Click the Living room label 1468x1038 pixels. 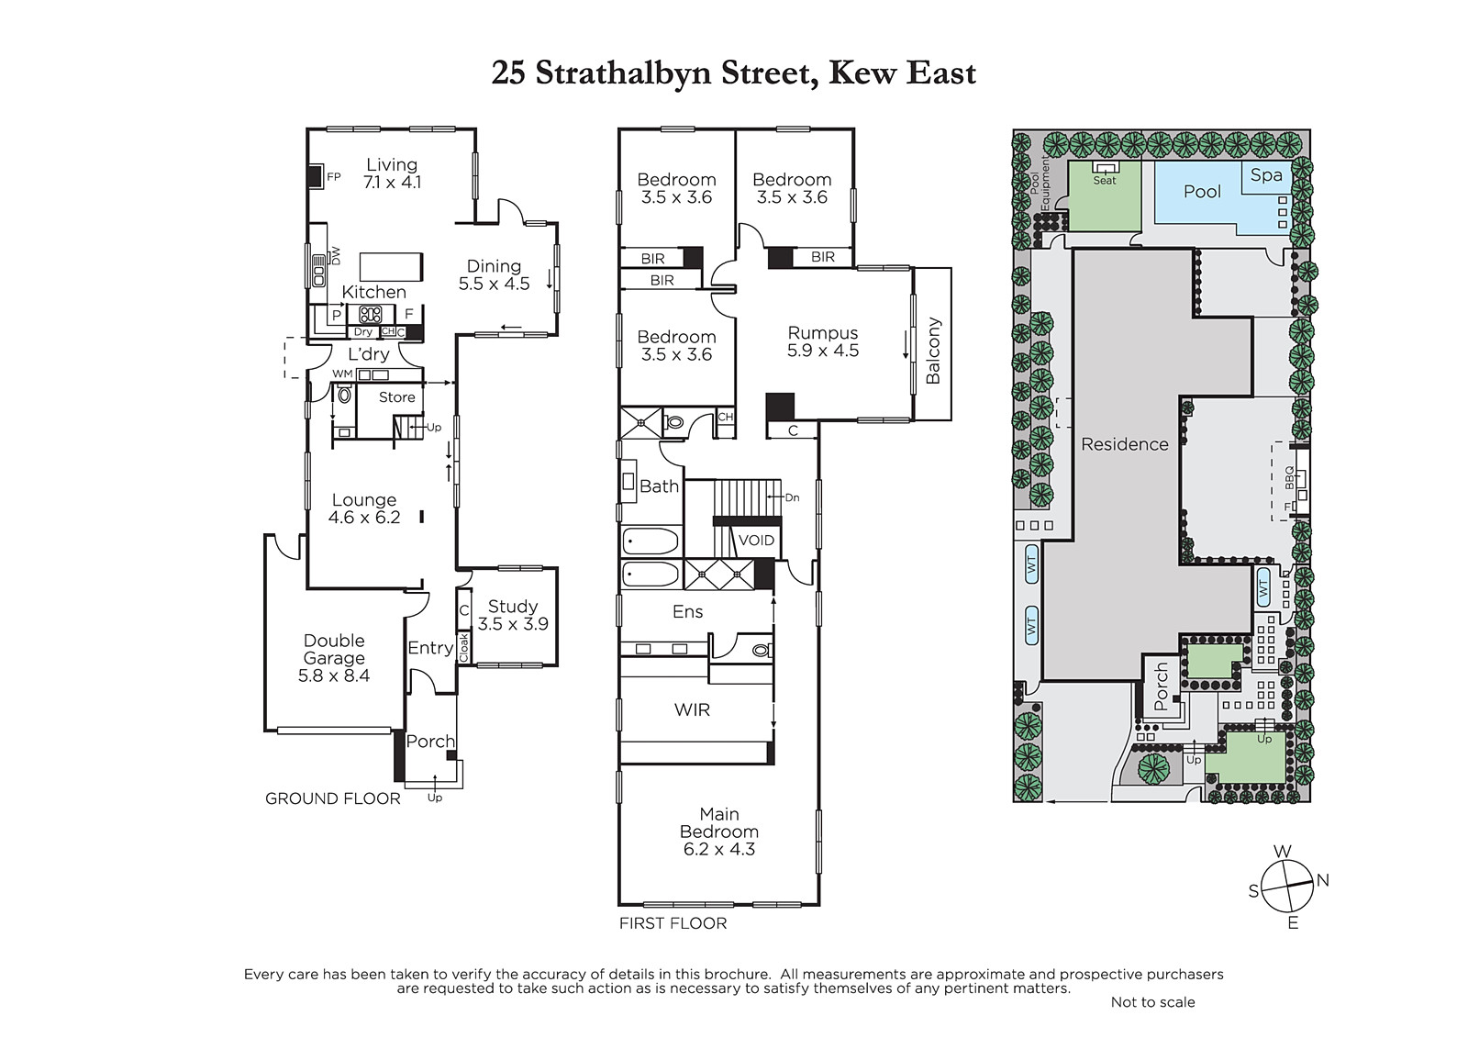[391, 164]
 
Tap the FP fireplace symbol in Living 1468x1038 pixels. [316, 176]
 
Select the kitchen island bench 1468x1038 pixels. [391, 267]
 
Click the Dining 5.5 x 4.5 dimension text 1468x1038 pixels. [495, 284]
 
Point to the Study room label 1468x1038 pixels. [513, 606]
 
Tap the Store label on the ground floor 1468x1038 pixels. [396, 396]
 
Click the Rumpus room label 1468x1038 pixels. [822, 332]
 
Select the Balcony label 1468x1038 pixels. [932, 351]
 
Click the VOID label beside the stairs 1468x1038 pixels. [756, 541]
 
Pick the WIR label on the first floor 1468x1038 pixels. [692, 709]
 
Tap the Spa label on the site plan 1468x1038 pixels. [1265, 175]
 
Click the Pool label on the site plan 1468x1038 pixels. [1202, 192]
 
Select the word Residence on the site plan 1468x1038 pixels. [1125, 444]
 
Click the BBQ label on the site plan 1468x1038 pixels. [1289, 478]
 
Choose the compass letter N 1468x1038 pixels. [1322, 880]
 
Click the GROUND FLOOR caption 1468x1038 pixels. [332, 798]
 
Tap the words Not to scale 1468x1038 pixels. [1152, 1002]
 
